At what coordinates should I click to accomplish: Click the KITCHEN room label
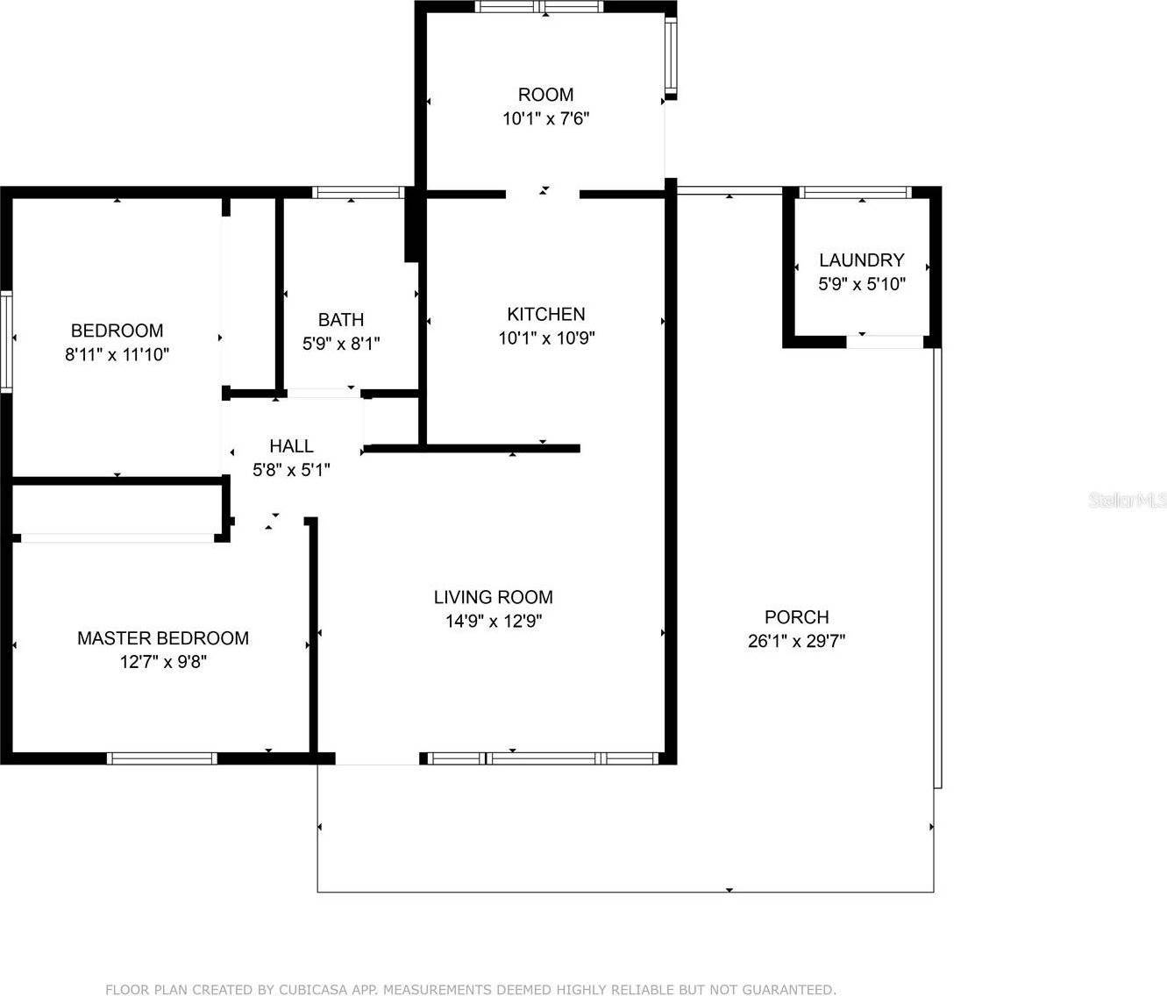(545, 314)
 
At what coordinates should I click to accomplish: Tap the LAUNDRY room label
(862, 260)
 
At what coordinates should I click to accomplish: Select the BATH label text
(341, 319)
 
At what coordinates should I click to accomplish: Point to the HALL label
(291, 446)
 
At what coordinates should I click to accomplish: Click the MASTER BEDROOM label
(163, 638)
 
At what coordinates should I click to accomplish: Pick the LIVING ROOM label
(494, 597)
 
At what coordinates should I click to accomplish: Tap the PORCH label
(797, 616)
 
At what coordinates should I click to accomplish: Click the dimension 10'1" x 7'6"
(546, 118)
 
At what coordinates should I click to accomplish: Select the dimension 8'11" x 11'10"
(117, 354)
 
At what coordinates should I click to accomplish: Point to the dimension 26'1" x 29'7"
(797, 641)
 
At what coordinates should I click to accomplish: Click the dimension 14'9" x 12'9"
(494, 621)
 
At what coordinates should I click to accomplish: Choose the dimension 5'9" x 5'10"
(862, 284)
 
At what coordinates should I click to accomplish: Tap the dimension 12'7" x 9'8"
(163, 662)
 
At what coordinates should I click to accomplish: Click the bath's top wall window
(359, 193)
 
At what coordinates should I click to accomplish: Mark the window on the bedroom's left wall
(5, 342)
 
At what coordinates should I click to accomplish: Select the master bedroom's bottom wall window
(162, 758)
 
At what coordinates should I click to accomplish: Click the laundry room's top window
(856, 193)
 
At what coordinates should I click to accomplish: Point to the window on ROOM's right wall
(671, 54)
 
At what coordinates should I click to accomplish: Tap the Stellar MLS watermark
(1128, 501)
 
